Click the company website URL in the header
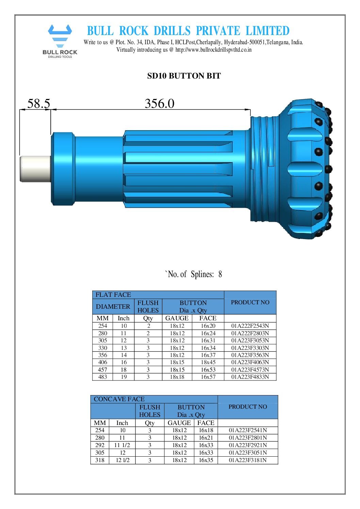click(213, 50)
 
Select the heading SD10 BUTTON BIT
click(184, 76)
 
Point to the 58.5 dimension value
click(38, 103)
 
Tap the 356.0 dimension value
click(159, 103)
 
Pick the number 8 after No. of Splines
click(220, 274)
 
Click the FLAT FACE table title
click(113, 295)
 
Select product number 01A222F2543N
click(250, 326)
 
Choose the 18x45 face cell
click(208, 362)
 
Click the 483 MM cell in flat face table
click(102, 377)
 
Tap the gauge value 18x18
click(177, 377)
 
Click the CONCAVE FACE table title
click(119, 399)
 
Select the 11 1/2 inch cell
click(122, 445)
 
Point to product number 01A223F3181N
click(247, 460)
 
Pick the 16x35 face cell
click(206, 460)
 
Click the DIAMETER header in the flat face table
click(113, 306)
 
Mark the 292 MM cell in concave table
click(100, 445)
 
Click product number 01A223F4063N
click(250, 362)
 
